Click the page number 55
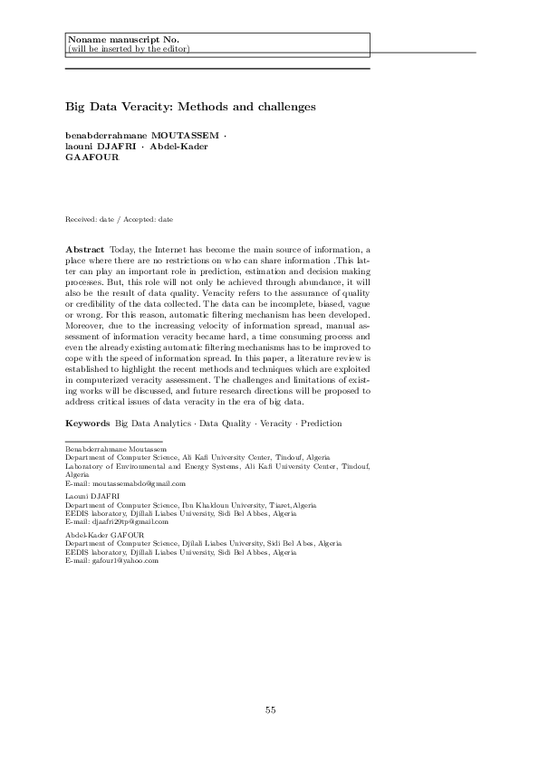pos(270,710)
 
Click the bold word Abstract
pos(84,248)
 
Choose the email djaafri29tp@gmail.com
pos(117,523)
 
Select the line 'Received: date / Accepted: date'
pos(120,220)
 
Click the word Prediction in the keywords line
pos(321,424)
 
